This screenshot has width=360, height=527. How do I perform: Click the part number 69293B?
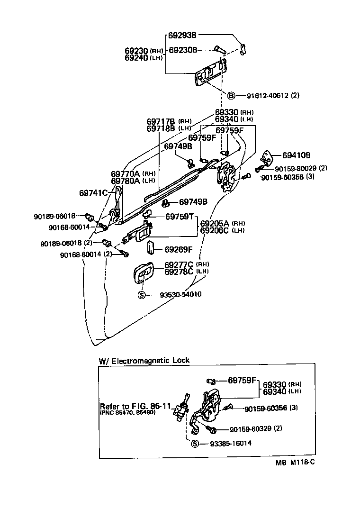(x=182, y=35)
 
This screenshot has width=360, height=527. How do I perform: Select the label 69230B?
(x=183, y=50)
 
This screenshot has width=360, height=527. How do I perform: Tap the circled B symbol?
(x=231, y=96)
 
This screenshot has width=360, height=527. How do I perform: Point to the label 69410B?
(x=297, y=155)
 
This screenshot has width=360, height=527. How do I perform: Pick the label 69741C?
(x=94, y=192)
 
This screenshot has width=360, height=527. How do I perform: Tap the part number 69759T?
(x=180, y=217)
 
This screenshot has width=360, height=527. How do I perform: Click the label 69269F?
(x=179, y=249)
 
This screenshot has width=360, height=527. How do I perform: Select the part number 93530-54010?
(x=177, y=294)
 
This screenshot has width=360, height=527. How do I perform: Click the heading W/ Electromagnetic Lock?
(x=144, y=360)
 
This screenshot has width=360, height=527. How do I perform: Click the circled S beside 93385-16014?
(x=194, y=444)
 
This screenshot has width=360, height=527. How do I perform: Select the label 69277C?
(x=179, y=264)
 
